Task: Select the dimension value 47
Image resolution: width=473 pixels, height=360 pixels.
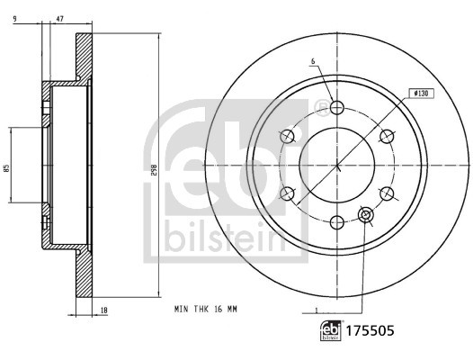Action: (x=60, y=18)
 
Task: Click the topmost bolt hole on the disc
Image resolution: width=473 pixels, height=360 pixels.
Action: (x=337, y=108)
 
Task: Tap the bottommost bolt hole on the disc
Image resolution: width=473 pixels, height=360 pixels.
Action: (x=337, y=221)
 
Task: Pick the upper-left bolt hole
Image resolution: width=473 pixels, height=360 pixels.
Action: (x=288, y=136)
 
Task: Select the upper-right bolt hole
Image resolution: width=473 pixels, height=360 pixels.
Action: (x=387, y=136)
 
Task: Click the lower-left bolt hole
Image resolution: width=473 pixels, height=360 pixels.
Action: (x=288, y=193)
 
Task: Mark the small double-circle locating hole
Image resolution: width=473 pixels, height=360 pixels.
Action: (x=365, y=214)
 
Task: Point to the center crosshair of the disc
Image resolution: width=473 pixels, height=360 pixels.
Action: (x=337, y=165)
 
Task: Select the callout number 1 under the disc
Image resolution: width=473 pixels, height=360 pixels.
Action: (x=317, y=310)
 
